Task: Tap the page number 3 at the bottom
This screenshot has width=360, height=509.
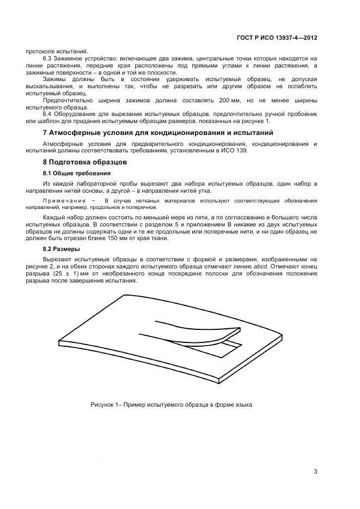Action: click(x=315, y=471)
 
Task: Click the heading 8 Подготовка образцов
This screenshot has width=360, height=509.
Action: click(x=84, y=162)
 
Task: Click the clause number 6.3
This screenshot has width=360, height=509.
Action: click(x=47, y=58)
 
